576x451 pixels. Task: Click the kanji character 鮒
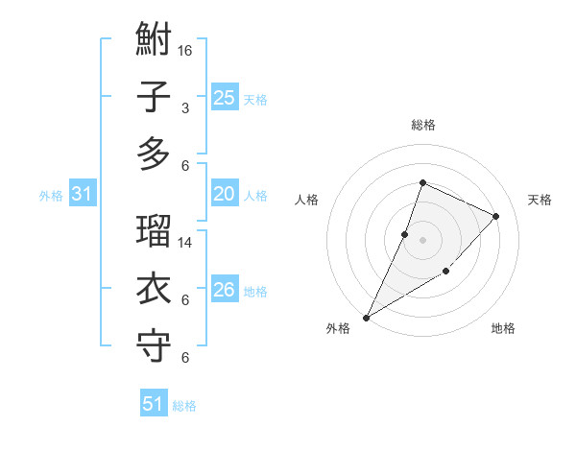pos(155,41)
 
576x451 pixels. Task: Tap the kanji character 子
pos(155,97)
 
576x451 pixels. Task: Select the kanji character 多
pos(155,153)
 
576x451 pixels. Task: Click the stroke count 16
pos(186,50)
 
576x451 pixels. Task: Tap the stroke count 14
pos(186,243)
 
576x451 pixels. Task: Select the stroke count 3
pos(184,107)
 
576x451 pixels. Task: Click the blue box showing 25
pos(224,97)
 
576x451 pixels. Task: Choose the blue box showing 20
pos(224,194)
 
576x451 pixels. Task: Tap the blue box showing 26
pos(224,290)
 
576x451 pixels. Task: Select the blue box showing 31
pos(82,195)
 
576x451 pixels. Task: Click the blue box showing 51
pos(153,404)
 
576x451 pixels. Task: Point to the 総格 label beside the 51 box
pos(184,406)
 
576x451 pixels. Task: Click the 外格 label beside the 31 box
pos(51,196)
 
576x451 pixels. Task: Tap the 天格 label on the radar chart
pos(540,200)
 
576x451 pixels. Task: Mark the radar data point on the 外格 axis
pos(366,317)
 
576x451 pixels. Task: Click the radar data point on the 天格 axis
pos(496,216)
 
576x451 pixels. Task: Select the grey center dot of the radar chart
pos(422,240)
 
